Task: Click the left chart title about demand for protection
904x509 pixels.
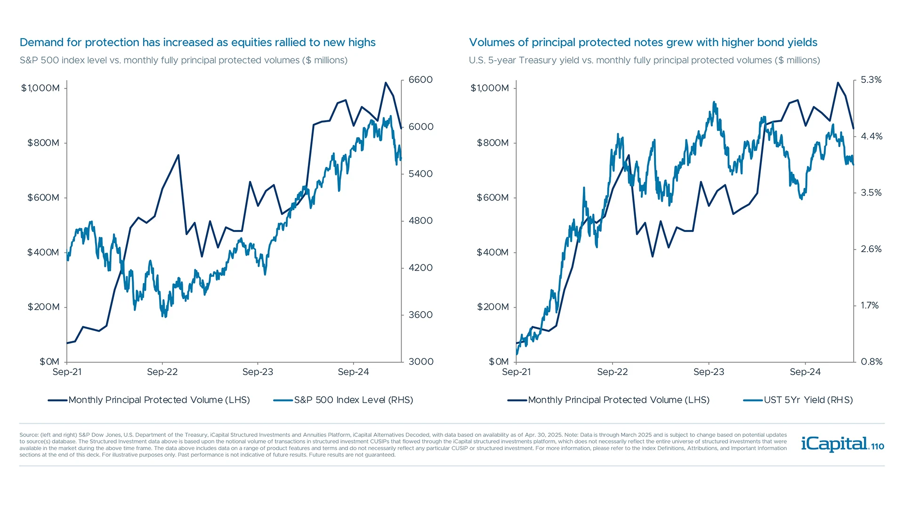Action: click(197, 42)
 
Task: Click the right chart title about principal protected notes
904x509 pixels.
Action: click(643, 42)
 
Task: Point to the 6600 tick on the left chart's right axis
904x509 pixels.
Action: click(420, 80)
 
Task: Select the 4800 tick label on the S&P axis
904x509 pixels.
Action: click(420, 221)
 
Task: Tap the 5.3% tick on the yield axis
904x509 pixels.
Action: click(871, 80)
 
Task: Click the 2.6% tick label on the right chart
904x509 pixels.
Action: click(871, 249)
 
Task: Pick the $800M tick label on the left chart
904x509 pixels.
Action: click(43, 143)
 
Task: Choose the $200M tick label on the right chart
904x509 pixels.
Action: click(492, 307)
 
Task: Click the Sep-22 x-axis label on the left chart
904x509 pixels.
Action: click(162, 372)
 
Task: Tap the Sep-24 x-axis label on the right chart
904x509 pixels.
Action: click(805, 372)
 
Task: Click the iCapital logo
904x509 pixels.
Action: click(834, 444)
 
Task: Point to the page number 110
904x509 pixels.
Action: click(878, 446)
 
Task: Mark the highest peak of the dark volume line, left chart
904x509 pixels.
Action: click(386, 83)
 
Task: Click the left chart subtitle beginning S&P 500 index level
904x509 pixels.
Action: click(183, 60)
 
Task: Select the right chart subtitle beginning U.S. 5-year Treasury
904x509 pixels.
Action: click(644, 60)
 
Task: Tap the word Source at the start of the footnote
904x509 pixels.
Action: click(29, 435)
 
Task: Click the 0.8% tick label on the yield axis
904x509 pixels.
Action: click(871, 362)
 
